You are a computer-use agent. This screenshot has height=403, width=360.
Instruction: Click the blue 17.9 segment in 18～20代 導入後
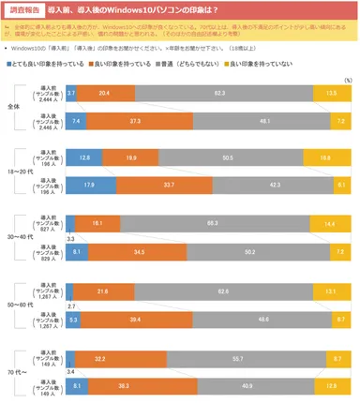(89, 186)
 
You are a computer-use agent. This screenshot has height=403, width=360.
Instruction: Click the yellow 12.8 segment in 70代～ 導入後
(333, 385)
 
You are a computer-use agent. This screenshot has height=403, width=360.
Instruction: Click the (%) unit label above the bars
(347, 82)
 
